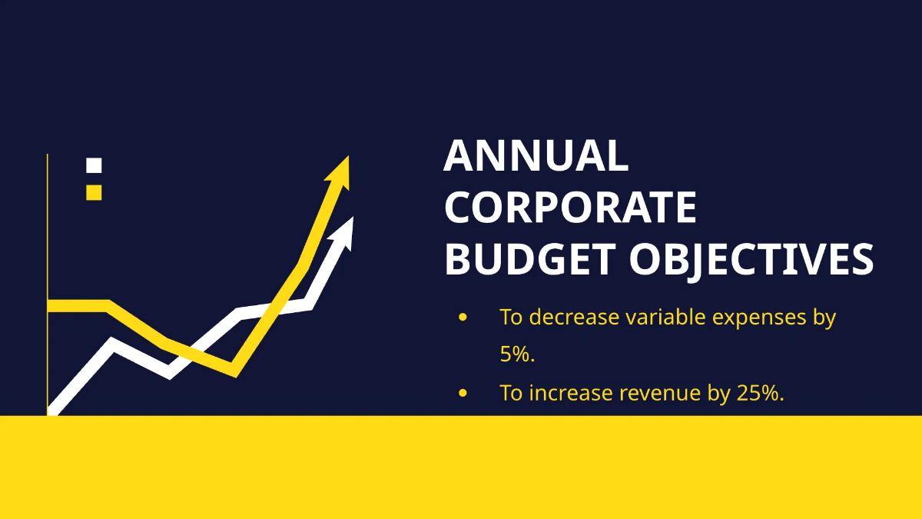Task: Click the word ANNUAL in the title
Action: tap(536, 156)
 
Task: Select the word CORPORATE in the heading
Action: tap(571, 208)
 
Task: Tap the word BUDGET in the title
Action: tap(529, 259)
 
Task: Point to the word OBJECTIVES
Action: tap(751, 259)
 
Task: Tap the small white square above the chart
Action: tap(94, 165)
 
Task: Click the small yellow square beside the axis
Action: tap(94, 192)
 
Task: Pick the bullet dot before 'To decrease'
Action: tap(463, 317)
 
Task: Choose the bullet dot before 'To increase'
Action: tap(463, 393)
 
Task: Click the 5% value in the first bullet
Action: tap(516, 354)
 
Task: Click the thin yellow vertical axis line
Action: tap(48, 231)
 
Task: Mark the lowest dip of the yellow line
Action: tap(234, 372)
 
